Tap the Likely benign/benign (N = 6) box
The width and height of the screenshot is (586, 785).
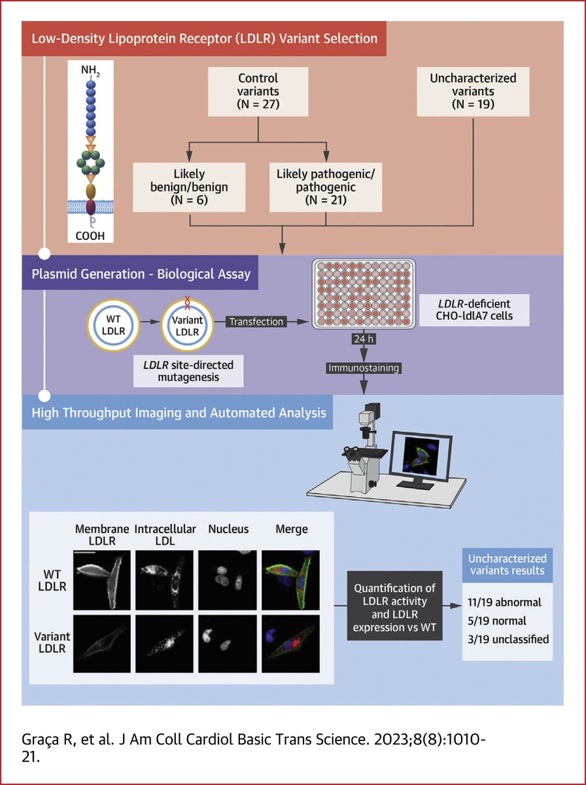pyautogui.click(x=189, y=186)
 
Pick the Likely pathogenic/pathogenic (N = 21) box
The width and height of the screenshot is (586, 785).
pyautogui.click(x=325, y=186)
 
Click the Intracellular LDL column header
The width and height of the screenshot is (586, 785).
pyautogui.click(x=165, y=535)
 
